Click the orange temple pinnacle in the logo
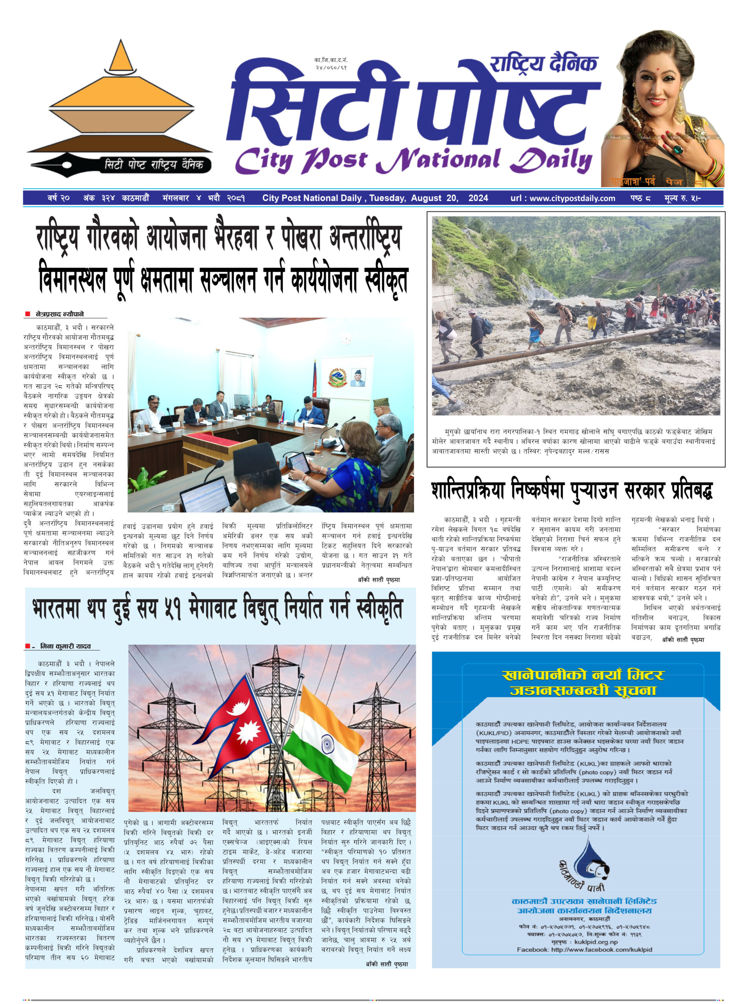(120, 56)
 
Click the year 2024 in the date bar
(478, 198)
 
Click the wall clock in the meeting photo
(346, 338)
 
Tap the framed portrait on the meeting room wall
(358, 377)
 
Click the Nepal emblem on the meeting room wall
(337, 377)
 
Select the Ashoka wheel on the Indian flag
(327, 743)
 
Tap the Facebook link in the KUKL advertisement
(584, 950)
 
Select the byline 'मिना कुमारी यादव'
(65, 646)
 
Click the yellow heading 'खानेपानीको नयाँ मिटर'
(583, 675)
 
